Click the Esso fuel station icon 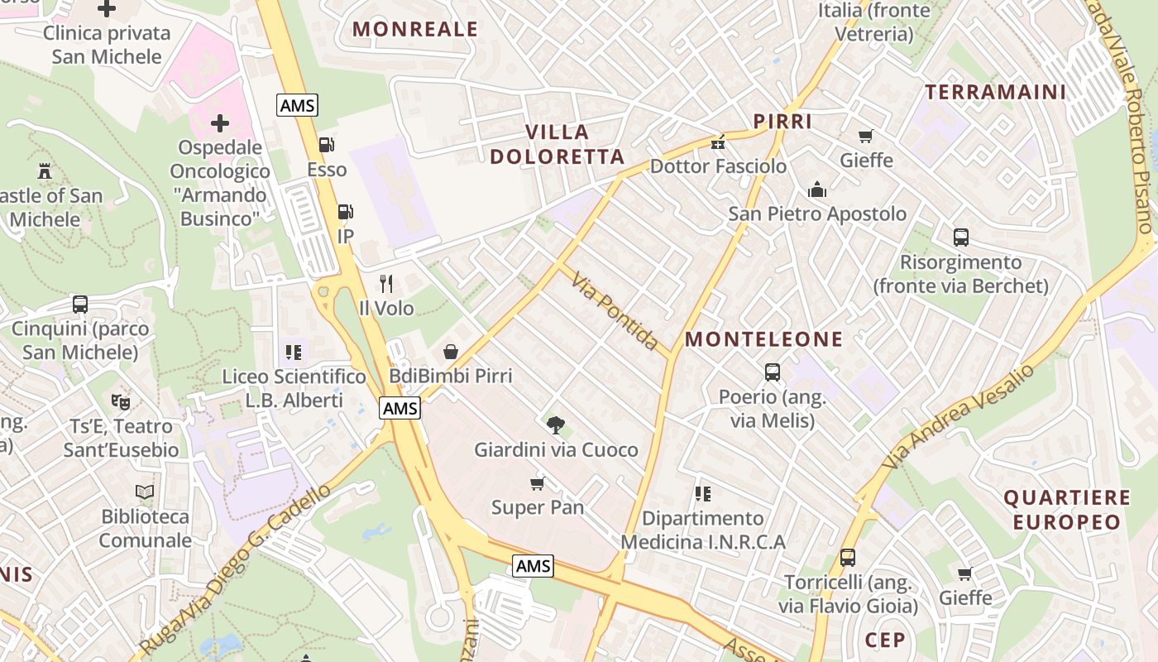coord(327,145)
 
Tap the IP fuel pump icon coord(346,212)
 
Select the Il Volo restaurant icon coord(386,284)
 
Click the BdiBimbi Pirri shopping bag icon coord(451,352)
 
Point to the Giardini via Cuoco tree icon coord(556,425)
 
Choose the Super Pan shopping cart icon coord(538,482)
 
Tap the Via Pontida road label coord(615,311)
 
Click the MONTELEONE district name coord(763,339)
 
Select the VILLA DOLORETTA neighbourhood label coord(557,144)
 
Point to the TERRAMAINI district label coord(996,92)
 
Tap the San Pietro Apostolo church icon coord(817,189)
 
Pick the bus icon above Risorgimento coord(961,237)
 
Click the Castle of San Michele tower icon coord(45,171)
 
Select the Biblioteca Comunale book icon coord(145,492)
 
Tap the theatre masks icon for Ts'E coord(121,402)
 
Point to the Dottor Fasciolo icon coord(718,142)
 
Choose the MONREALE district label coord(415,30)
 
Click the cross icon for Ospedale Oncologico coord(220,124)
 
